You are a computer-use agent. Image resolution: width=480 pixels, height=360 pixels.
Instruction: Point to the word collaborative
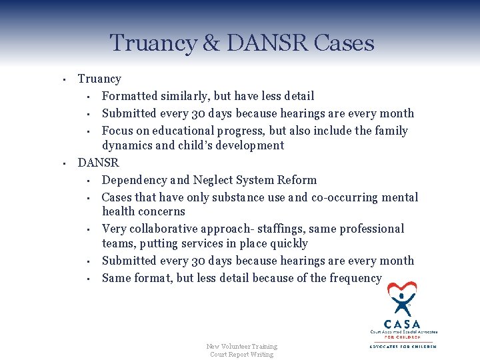pos(161,229)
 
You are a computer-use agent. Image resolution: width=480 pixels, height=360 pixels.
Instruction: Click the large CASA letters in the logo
pos(403,322)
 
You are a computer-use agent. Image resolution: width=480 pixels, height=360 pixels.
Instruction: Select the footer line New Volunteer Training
pos(241,346)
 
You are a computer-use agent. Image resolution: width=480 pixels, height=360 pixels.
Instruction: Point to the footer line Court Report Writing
pos(241,354)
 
